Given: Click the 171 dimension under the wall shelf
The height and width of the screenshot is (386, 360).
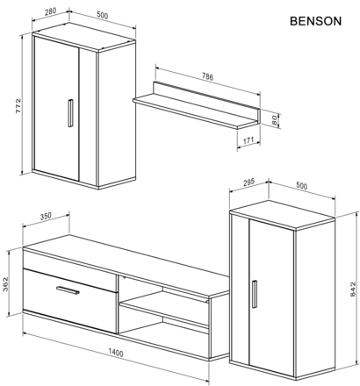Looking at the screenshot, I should (248, 140).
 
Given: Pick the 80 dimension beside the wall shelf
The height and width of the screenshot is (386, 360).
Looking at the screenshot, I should (275, 120).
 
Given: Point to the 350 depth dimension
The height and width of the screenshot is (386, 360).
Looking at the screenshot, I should (46, 216).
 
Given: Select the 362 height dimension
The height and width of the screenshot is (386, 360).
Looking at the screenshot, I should (8, 285).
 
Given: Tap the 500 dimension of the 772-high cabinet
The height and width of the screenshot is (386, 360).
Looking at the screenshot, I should (104, 14).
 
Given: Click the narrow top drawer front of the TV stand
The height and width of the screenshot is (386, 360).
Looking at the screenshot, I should (70, 260).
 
